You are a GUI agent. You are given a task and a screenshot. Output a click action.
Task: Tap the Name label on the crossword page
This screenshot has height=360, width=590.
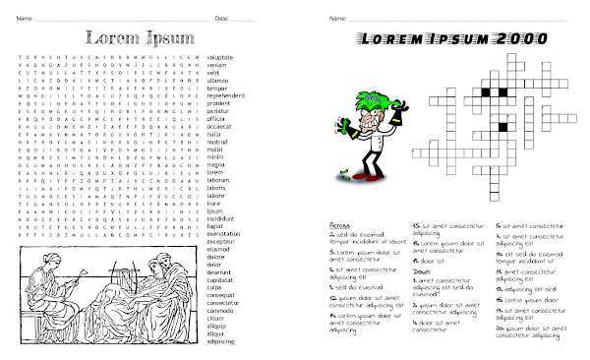tap(337, 19)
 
